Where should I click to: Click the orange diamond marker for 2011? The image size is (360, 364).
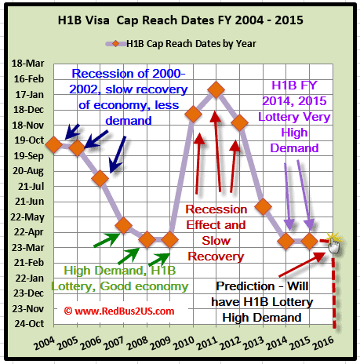pyautogui.click(x=216, y=89)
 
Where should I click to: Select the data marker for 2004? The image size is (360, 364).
pyautogui.click(x=54, y=144)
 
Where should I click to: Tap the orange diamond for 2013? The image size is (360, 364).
pyautogui.click(x=263, y=206)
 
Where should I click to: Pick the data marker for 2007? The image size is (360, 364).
pyautogui.click(x=123, y=225)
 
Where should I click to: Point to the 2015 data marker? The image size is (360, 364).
pyautogui.click(x=310, y=241)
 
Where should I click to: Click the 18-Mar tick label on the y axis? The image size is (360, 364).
pyautogui.click(x=28, y=64)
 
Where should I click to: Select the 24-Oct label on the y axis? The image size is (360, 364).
pyautogui.click(x=29, y=324)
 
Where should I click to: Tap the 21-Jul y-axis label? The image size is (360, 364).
pyautogui.click(x=31, y=187)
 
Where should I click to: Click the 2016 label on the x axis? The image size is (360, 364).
pyautogui.click(x=324, y=343)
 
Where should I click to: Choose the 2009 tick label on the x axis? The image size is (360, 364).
pyautogui.click(x=161, y=343)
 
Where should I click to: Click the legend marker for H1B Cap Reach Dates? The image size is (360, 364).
pyautogui.click(x=115, y=44)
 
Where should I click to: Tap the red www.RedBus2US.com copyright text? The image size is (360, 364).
pyautogui.click(x=119, y=311)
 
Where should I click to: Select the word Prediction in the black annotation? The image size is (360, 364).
pyautogui.click(x=245, y=286)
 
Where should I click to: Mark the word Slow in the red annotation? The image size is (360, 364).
pyautogui.click(x=216, y=241)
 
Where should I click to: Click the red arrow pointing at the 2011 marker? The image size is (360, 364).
pyautogui.click(x=217, y=151)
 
